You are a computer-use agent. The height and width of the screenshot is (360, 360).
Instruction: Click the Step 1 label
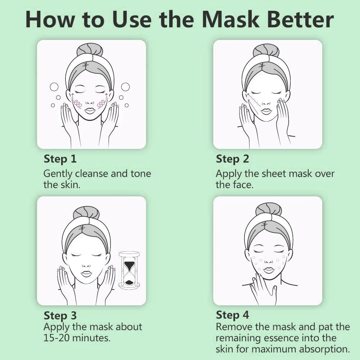60,159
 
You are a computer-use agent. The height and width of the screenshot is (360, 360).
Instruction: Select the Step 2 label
232,159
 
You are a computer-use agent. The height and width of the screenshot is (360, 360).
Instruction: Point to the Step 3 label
60,316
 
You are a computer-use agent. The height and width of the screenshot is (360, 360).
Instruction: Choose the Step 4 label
232,315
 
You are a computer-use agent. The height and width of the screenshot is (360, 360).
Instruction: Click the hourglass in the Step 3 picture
129,270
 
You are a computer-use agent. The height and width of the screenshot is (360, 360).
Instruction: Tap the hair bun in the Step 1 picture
90,49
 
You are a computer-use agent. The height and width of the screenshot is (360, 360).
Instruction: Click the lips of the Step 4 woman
268,270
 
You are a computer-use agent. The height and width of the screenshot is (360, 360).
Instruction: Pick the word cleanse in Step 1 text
91,174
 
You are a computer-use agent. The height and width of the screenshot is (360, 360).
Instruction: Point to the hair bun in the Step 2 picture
266,50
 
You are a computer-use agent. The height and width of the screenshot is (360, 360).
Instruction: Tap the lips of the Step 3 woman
86,274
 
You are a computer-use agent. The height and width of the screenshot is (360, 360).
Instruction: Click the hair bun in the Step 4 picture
268,209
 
